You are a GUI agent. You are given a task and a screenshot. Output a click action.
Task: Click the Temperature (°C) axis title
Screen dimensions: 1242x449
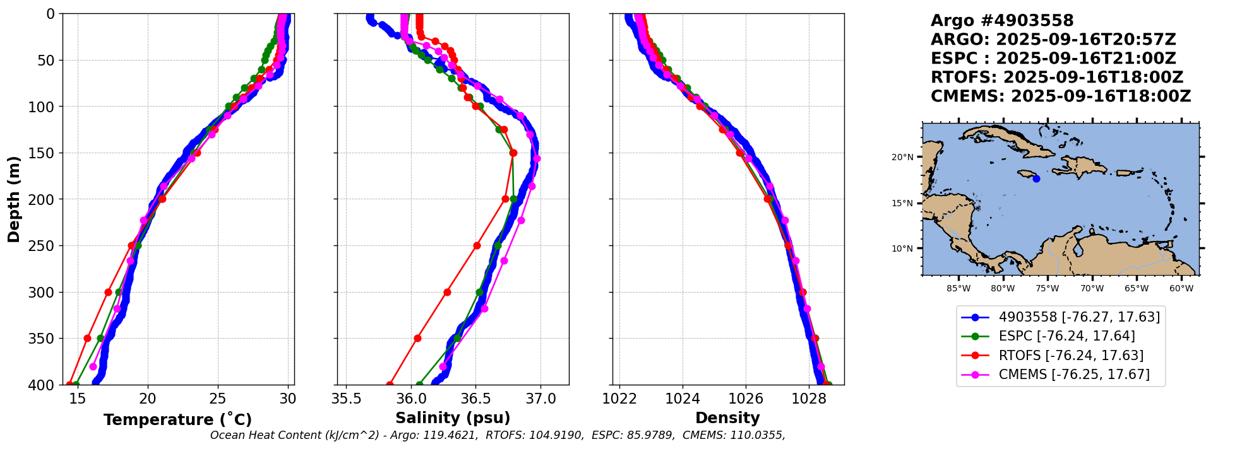(x=177, y=419)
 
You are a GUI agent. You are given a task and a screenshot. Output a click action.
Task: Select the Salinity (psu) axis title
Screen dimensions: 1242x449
(x=453, y=418)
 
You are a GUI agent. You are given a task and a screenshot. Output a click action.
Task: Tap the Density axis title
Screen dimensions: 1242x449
(x=727, y=418)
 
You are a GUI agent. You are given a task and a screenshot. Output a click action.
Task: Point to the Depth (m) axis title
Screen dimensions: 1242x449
(x=14, y=199)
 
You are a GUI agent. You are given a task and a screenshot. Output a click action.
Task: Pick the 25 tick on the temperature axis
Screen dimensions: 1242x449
(x=218, y=399)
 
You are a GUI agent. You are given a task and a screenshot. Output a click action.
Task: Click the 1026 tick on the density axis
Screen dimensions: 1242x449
(x=746, y=399)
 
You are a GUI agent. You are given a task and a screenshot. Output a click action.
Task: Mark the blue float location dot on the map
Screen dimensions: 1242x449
(x=1036, y=179)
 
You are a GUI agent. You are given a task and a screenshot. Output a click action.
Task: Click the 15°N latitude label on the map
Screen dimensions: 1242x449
(x=902, y=204)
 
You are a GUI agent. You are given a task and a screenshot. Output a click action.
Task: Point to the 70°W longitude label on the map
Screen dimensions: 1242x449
(x=1092, y=289)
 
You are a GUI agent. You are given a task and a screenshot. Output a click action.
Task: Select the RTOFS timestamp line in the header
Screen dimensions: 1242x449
(x=1057, y=78)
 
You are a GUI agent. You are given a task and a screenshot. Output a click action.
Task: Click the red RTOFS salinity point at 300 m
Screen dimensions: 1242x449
(x=447, y=292)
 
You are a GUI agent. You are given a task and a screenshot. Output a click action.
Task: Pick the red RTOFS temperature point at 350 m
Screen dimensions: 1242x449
(x=87, y=339)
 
